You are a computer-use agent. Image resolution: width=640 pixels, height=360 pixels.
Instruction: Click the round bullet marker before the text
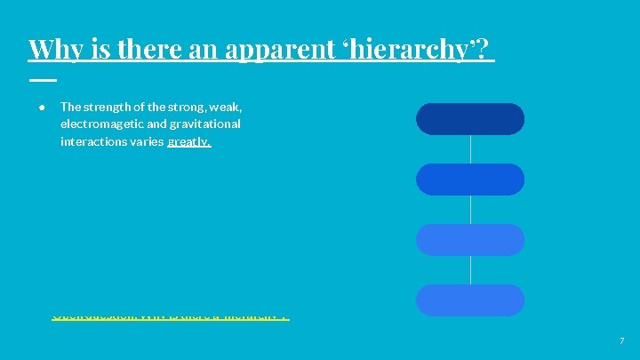(x=42, y=107)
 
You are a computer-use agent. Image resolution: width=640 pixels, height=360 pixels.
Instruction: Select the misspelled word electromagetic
(x=102, y=124)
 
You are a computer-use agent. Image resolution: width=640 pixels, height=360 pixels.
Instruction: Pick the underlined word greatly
(x=188, y=142)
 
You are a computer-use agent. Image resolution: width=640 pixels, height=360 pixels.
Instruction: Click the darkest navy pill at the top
(x=470, y=119)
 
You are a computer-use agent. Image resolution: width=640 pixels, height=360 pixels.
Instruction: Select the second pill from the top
(x=470, y=180)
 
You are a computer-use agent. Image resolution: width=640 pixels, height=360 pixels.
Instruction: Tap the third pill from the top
(x=470, y=240)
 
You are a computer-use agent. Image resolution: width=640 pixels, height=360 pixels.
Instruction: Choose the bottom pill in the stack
(x=470, y=300)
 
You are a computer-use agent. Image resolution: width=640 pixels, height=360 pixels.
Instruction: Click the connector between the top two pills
(x=470, y=149)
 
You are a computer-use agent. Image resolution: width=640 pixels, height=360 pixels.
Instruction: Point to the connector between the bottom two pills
(x=470, y=270)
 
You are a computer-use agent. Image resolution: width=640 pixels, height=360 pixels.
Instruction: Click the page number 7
(x=621, y=341)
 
